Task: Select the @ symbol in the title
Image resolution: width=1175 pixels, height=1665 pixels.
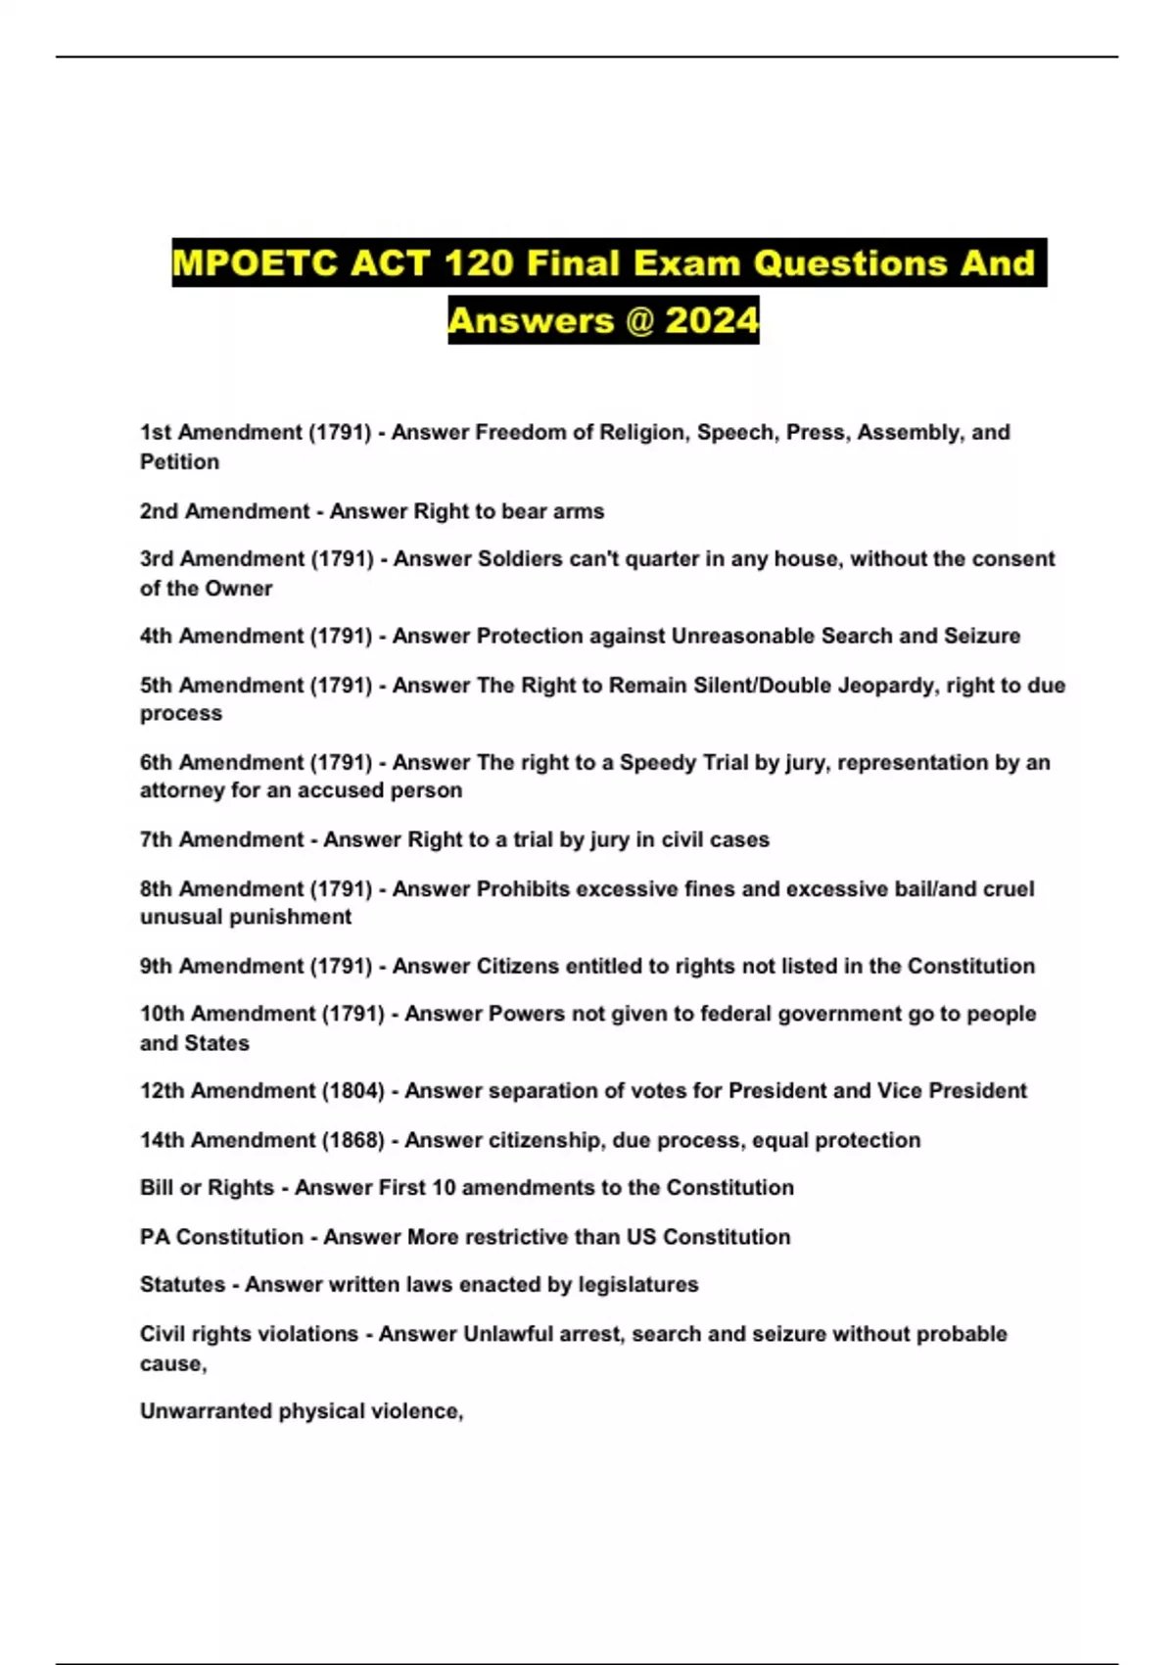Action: coord(638,320)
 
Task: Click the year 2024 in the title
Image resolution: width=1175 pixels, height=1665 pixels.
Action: coord(712,320)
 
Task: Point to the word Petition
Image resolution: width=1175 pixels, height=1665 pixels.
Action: coord(179,461)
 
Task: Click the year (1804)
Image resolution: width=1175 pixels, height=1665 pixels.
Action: coord(353,1090)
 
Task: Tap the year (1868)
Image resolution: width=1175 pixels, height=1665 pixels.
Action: coord(353,1140)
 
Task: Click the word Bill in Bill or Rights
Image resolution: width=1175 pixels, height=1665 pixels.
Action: coord(157,1187)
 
